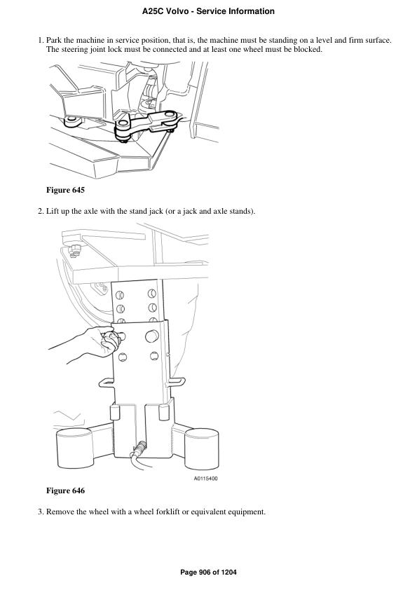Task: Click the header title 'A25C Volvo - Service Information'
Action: pyautogui.click(x=208, y=11)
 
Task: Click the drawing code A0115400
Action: pyautogui.click(x=205, y=479)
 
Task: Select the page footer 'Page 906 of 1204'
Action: pyautogui.click(x=208, y=572)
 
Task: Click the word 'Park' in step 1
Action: pyautogui.click(x=55, y=41)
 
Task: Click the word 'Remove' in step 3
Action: pyautogui.click(x=60, y=512)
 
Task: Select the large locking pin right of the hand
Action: pyautogui.click(x=151, y=337)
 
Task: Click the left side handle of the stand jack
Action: pyautogui.click(x=109, y=380)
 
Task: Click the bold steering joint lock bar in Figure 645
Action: pyautogui.click(x=147, y=124)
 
